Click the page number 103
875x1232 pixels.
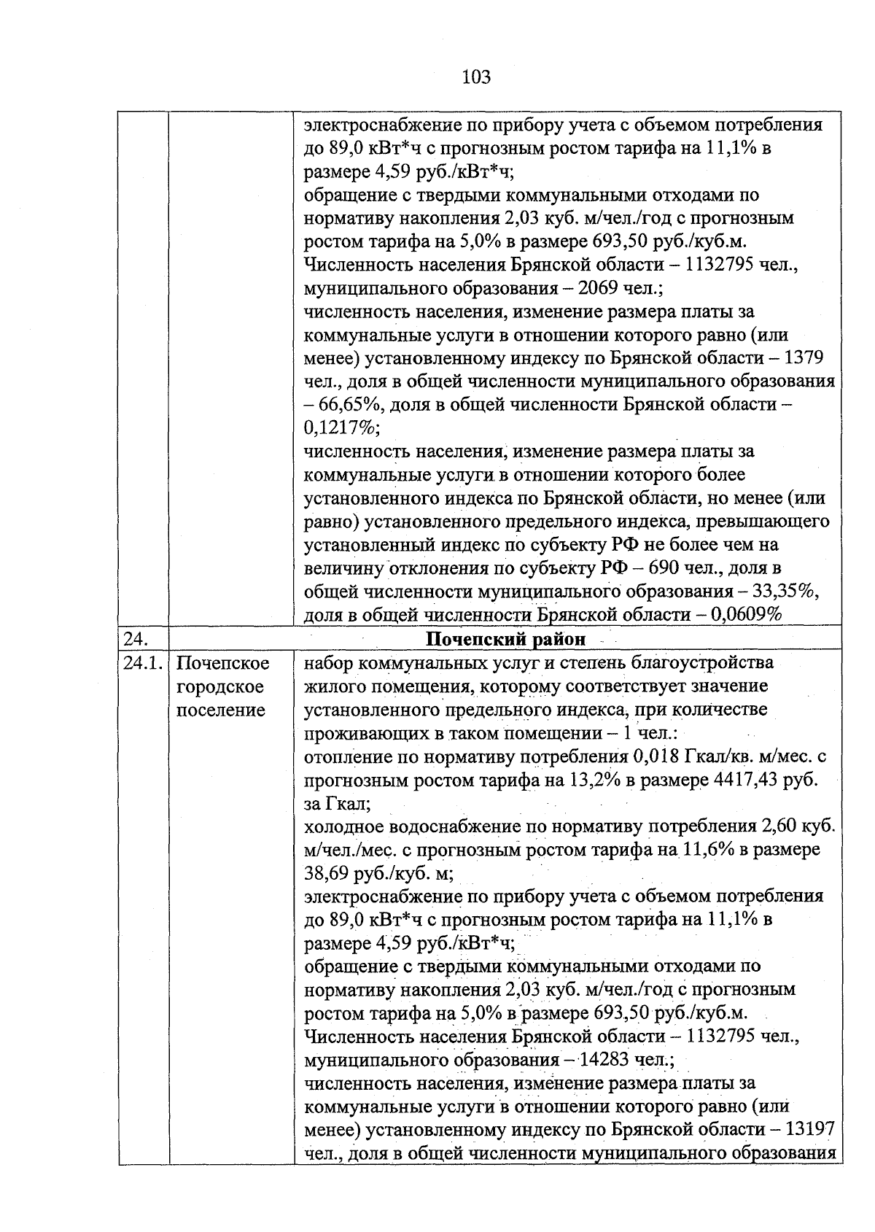click(x=476, y=77)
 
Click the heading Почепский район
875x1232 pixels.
click(x=505, y=640)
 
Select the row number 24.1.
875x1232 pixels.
click(x=143, y=664)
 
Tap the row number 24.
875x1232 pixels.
click(x=136, y=640)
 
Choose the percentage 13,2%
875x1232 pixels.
click(x=594, y=780)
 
